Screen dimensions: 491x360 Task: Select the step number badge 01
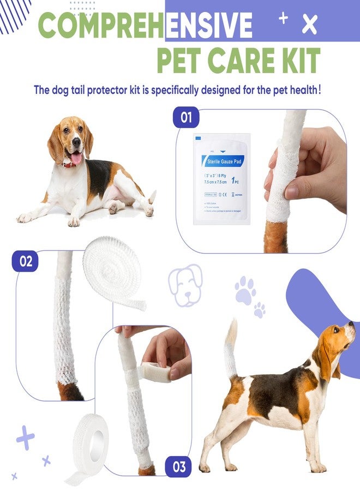pos(186,118)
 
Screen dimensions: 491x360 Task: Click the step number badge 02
pos(26,261)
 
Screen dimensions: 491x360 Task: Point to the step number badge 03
pos(178,467)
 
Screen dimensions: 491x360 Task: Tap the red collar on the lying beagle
pos(70,162)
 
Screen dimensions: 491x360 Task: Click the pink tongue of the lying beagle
pos(76,158)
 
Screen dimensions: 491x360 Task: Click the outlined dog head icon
pos(185,284)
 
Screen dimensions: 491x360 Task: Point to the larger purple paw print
pos(245,290)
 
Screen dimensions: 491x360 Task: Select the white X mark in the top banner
pos(310,25)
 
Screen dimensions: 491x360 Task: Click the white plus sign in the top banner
pos(283,18)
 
